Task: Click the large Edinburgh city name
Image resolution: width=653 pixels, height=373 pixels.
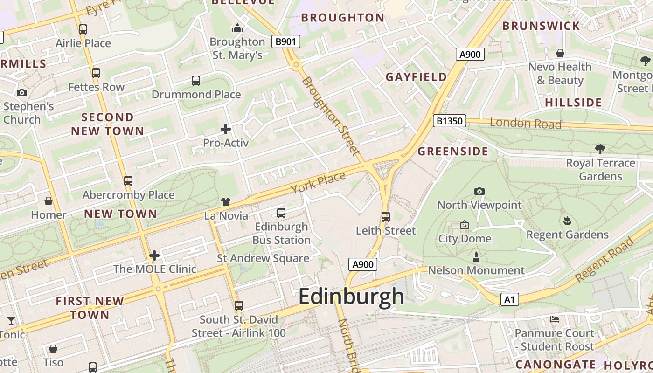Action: [351, 297]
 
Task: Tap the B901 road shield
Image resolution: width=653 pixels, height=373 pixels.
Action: [285, 41]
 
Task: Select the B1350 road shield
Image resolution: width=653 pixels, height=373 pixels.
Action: [449, 121]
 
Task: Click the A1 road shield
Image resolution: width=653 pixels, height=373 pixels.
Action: [509, 299]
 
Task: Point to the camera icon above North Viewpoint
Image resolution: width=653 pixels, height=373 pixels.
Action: [479, 191]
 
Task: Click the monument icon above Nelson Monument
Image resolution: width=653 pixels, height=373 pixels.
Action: [476, 257]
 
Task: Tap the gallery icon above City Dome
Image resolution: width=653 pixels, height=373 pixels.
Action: [465, 225]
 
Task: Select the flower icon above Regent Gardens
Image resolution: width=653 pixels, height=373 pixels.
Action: [567, 221]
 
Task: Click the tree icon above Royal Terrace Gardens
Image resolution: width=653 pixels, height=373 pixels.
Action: [600, 149]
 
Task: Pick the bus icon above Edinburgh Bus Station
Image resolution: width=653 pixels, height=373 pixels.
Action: [281, 213]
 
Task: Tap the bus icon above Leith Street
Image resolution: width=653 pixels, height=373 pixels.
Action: [385, 217]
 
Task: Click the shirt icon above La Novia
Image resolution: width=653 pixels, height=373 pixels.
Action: [226, 202]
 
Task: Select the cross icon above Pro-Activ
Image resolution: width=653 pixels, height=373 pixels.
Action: [226, 129]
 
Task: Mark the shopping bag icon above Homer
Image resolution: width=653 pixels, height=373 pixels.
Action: [49, 201]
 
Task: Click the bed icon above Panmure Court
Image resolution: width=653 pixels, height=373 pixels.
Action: [554, 319]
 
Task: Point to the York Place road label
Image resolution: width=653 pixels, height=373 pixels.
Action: [318, 183]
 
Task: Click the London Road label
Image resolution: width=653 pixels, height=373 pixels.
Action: [525, 124]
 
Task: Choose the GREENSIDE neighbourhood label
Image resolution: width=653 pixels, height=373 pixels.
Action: [452, 152]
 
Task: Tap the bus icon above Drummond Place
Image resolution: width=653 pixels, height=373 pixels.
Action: [196, 81]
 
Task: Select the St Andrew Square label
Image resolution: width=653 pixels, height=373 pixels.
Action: [263, 258]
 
